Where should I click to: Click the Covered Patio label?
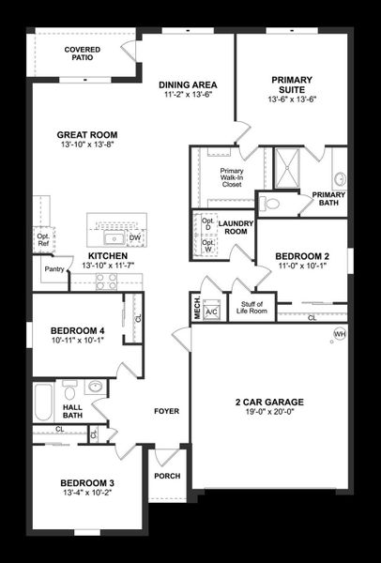tap(83, 53)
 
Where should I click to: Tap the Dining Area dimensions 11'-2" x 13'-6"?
tap(189, 95)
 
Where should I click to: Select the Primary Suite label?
tap(293, 85)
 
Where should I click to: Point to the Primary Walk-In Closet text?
tap(231, 177)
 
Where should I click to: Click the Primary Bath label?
tap(328, 199)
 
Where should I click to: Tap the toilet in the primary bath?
tap(271, 202)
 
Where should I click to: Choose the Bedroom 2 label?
tap(302, 256)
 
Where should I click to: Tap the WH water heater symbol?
tap(340, 333)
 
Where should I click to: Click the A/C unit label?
tap(212, 312)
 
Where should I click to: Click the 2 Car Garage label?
tap(269, 403)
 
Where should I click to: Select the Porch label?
tap(167, 476)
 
